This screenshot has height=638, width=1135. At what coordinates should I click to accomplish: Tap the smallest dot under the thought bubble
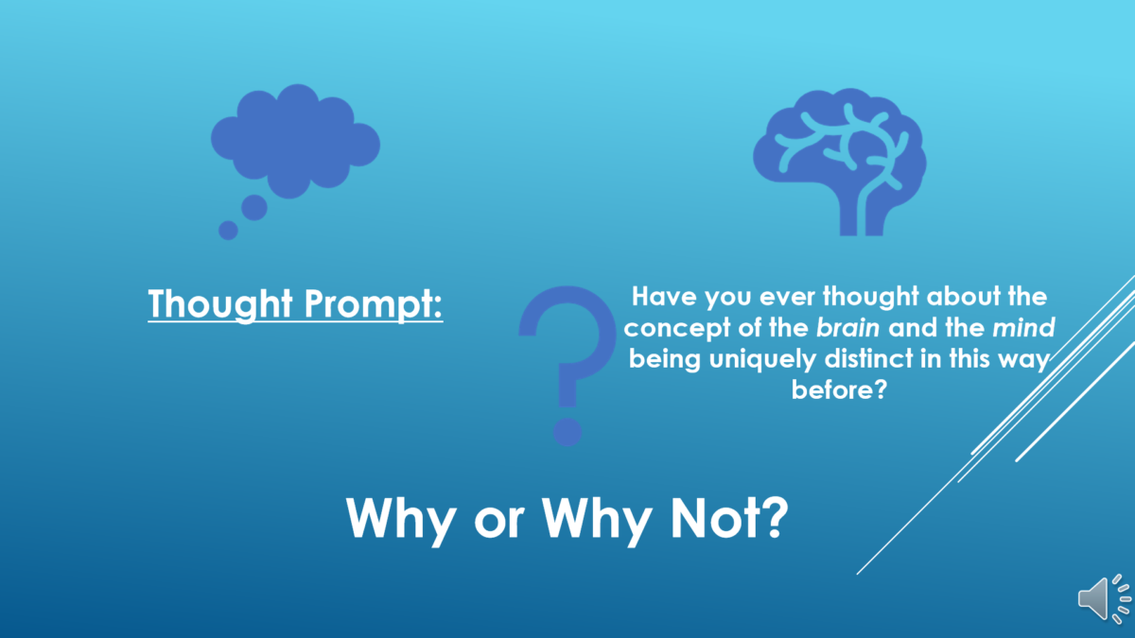[228, 231]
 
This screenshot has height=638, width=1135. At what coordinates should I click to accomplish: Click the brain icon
[840, 162]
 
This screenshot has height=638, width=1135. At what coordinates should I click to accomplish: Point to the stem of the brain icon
[862, 216]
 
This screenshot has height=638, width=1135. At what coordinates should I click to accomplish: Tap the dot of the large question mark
[567, 432]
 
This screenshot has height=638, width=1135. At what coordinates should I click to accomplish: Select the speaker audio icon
[1105, 599]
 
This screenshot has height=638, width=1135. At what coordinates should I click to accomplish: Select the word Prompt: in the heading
[374, 304]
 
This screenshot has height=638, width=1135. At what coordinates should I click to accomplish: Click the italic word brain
[847, 328]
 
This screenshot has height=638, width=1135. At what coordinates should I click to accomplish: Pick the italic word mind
[1023, 328]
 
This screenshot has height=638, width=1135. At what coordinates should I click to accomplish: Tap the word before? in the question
[839, 389]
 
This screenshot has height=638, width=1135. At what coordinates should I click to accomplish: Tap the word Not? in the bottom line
[729, 518]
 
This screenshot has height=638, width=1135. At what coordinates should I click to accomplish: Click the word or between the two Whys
[499, 522]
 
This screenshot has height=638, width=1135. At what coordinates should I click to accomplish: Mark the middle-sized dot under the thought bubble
[253, 208]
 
